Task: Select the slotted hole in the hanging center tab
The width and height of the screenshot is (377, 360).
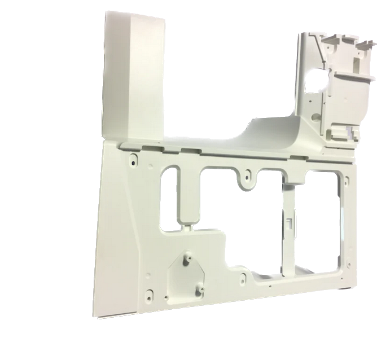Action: tap(247, 178)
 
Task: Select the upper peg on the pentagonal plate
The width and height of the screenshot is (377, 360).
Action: tap(186, 261)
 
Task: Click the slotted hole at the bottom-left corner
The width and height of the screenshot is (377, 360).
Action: tap(147, 294)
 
